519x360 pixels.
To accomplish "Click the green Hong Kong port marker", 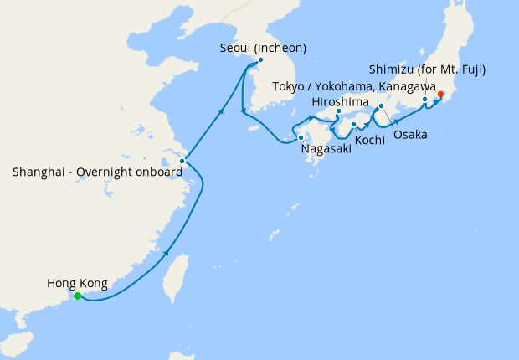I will pyautogui.click(x=77, y=296).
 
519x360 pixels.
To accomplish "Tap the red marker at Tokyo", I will pyautogui.click(x=440, y=94).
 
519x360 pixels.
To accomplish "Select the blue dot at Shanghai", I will pyautogui.click(x=182, y=161).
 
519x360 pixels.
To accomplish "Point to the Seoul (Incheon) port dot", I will pyautogui.click(x=260, y=60).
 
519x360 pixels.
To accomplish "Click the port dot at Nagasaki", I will pyautogui.click(x=301, y=136).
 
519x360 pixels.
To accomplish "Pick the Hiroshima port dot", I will pyautogui.click(x=338, y=111).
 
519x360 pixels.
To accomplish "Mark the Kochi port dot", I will pyautogui.click(x=354, y=125).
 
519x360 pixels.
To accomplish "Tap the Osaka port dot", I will pyautogui.click(x=381, y=106).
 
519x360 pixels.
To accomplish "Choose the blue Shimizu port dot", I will pyautogui.click(x=425, y=100).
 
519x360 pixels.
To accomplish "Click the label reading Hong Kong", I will pyautogui.click(x=77, y=284).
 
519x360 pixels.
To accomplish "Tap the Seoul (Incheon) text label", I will pyautogui.click(x=261, y=48).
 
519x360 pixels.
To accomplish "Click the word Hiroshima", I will pyautogui.click(x=338, y=101).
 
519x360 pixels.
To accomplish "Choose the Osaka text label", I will pyautogui.click(x=410, y=135).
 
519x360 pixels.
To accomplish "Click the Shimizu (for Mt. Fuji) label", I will pyautogui.click(x=428, y=69).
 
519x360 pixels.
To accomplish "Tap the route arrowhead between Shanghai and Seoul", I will pyautogui.click(x=221, y=110).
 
